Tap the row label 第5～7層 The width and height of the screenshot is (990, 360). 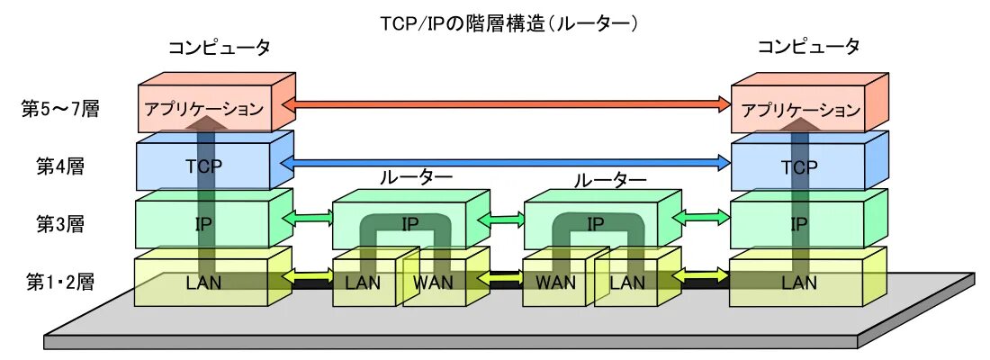point(60,109)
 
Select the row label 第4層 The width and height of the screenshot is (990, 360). point(60,166)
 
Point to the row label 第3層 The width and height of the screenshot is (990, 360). point(60,223)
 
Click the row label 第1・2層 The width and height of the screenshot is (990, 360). point(60,281)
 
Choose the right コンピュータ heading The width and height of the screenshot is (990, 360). point(808,47)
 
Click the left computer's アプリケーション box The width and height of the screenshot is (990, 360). point(204,109)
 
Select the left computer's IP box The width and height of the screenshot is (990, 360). point(204,224)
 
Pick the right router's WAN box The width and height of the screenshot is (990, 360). point(555,282)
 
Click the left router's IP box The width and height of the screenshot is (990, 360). point(409,224)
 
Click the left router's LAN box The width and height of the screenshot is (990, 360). point(362,282)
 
